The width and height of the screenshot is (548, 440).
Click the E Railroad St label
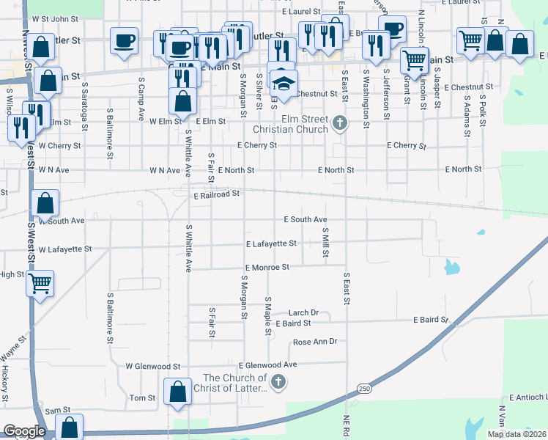coord(217,194)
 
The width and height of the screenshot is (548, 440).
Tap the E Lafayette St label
coord(271,243)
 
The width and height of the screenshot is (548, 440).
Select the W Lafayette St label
coord(65,249)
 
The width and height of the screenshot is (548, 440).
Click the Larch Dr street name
coord(303,312)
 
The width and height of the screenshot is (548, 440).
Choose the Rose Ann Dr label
coord(314,342)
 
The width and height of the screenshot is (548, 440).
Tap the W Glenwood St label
coord(152,366)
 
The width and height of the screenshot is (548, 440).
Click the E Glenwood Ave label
coord(267,364)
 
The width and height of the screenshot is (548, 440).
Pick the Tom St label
coord(143,398)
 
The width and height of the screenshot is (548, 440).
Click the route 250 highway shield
coord(364,388)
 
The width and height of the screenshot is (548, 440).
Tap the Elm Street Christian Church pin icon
coord(339,122)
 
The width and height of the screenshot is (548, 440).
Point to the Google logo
coord(24,431)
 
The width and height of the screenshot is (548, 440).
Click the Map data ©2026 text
coord(515,434)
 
